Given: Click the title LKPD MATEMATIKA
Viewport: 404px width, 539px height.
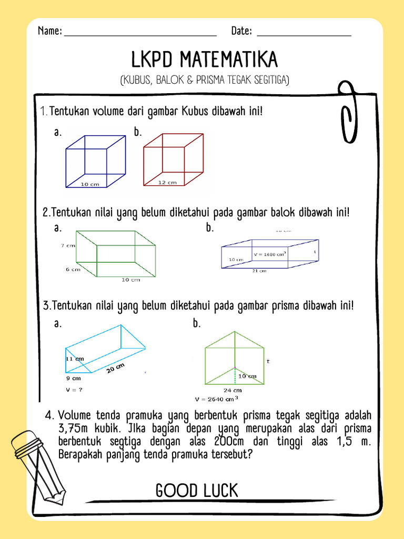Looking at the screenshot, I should pyautogui.click(x=204, y=60).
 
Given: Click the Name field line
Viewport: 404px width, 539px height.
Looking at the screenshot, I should pyautogui.click(x=140, y=35).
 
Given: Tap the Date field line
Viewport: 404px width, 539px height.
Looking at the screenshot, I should pyautogui.click(x=304, y=35).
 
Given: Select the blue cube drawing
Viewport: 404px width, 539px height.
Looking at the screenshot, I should pyautogui.click(x=95, y=161).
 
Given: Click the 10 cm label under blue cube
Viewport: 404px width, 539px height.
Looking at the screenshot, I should pyautogui.click(x=90, y=185).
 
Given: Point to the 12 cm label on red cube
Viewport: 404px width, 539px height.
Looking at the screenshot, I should pyautogui.click(x=168, y=183).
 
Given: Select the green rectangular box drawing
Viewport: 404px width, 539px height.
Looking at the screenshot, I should pyautogui.click(x=116, y=254).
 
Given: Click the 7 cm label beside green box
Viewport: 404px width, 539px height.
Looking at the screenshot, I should pyautogui.click(x=67, y=246).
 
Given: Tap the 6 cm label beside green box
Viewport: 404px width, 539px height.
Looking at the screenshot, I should pyautogui.click(x=73, y=269).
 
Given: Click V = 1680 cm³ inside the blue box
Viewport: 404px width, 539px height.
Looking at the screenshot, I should pyautogui.click(x=270, y=254).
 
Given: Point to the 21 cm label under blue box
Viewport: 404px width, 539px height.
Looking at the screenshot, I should pyautogui.click(x=259, y=271).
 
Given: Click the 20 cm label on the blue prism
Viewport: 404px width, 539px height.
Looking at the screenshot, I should pyautogui.click(x=116, y=369).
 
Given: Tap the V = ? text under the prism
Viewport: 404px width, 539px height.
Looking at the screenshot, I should pyautogui.click(x=74, y=390).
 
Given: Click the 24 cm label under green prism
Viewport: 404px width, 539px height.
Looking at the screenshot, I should pyautogui.click(x=233, y=391).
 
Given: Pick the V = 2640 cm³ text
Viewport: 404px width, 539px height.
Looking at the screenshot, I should pyautogui.click(x=220, y=399).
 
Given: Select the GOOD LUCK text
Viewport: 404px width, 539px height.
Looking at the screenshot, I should pyautogui.click(x=197, y=491).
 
